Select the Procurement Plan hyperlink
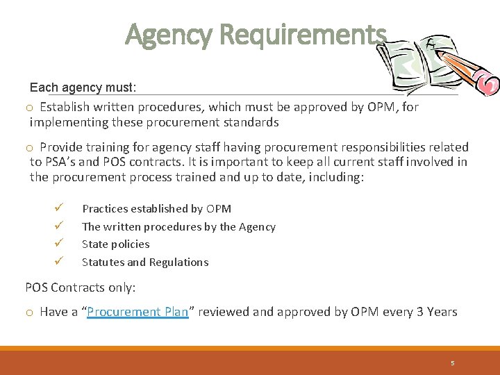[x=137, y=312]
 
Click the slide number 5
[x=452, y=362]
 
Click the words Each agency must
[x=83, y=88]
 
